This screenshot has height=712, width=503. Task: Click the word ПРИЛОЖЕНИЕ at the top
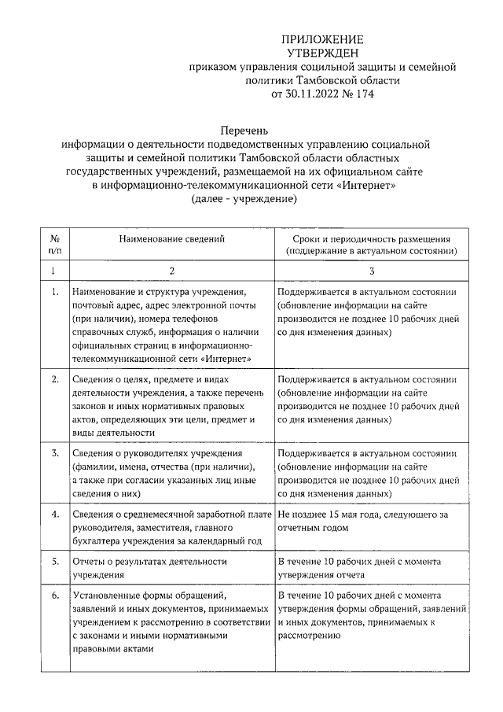(x=324, y=39)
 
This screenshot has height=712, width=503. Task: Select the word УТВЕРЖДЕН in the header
(x=323, y=53)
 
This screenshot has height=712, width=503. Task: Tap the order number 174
(x=363, y=94)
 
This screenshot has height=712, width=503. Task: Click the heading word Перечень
(x=244, y=130)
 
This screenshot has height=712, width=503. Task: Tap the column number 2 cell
(x=171, y=271)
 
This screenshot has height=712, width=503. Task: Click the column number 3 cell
(x=371, y=271)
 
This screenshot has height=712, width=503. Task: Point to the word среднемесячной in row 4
(x=158, y=515)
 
